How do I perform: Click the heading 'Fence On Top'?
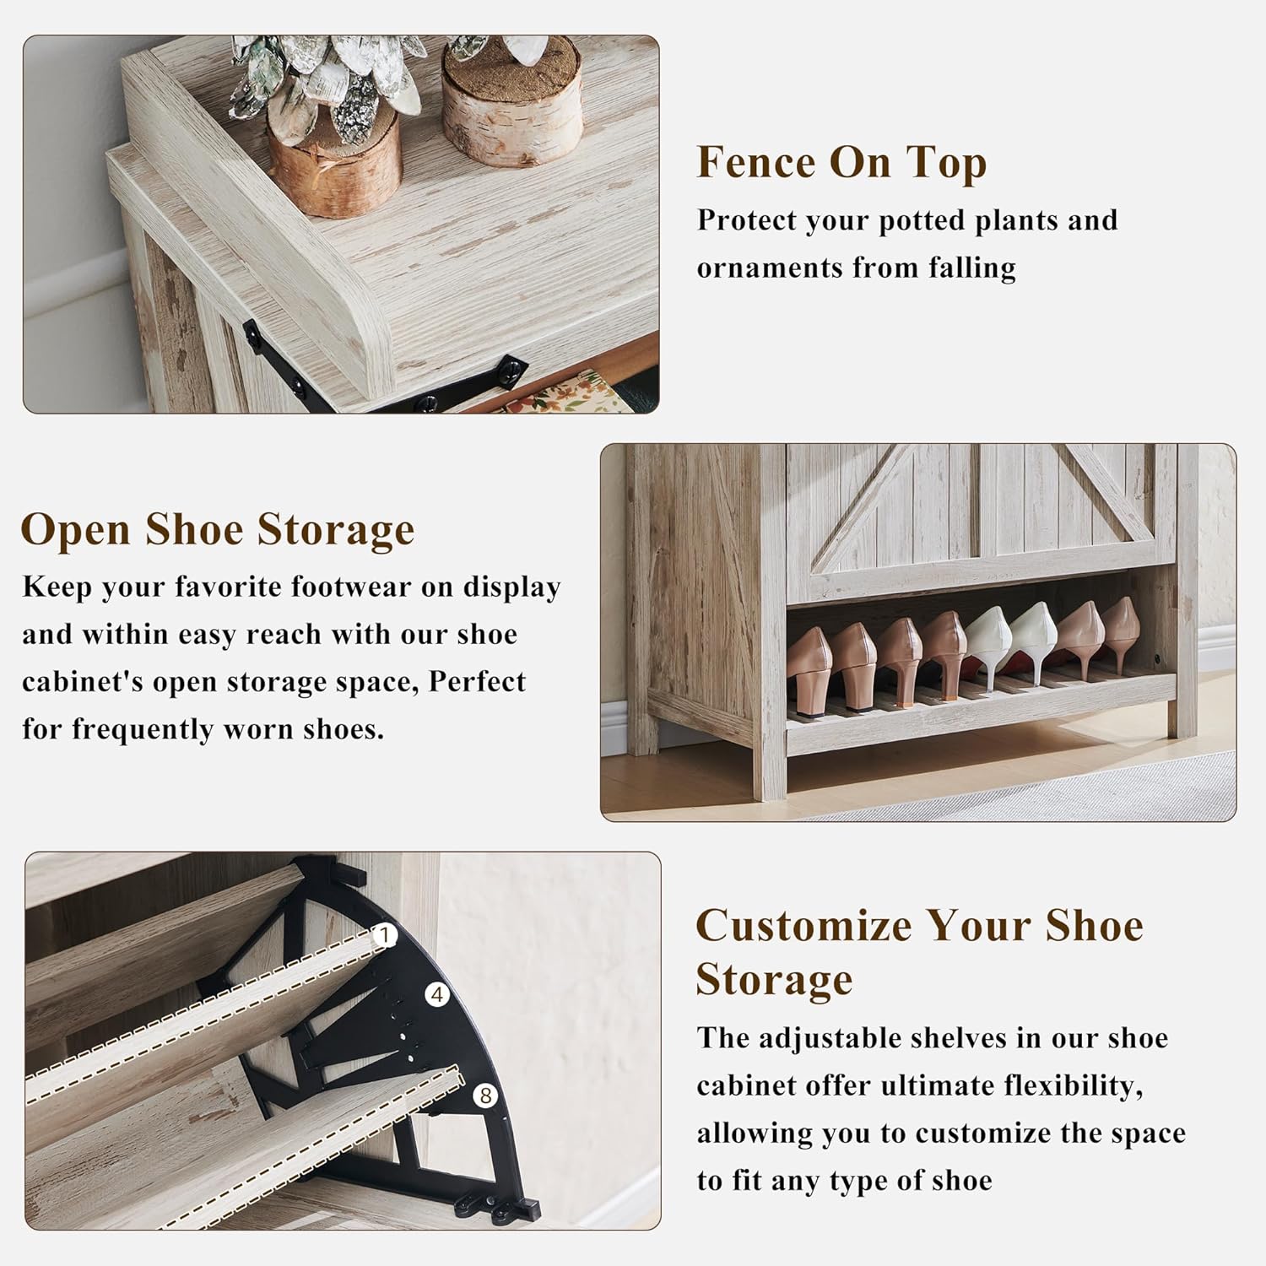[x=841, y=162]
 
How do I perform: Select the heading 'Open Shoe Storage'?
[x=218, y=530]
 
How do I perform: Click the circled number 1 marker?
[x=385, y=935]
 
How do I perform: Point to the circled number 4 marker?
[x=436, y=995]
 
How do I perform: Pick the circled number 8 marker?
[x=484, y=1096]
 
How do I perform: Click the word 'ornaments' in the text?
[x=770, y=268]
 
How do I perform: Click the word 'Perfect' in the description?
[x=478, y=681]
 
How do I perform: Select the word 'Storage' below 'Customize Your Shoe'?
[x=774, y=979]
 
